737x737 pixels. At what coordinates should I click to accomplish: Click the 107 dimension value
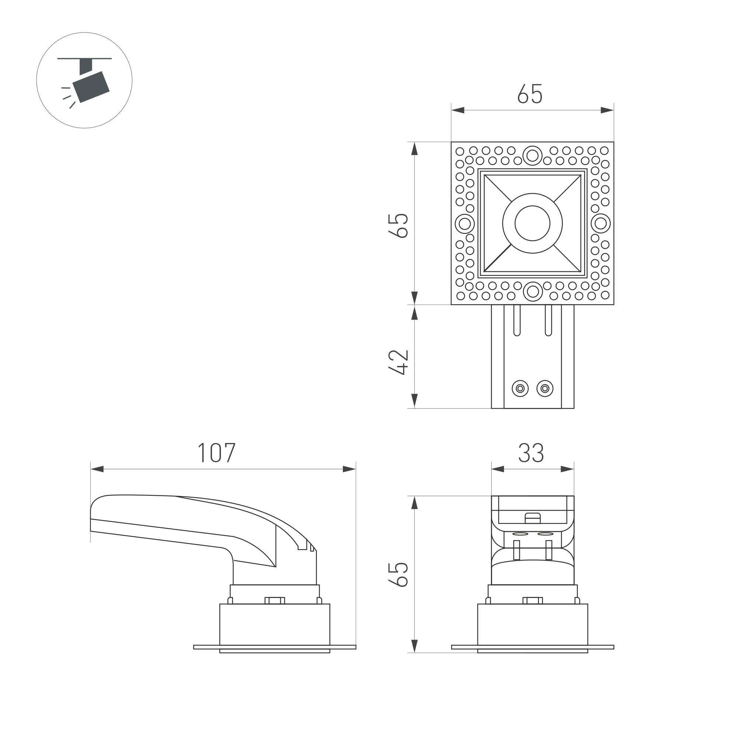coord(216,453)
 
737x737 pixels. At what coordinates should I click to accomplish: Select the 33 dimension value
coord(531,453)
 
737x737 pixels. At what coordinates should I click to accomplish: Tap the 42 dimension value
coord(398,362)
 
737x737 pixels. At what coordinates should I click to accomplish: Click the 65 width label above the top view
coord(529,93)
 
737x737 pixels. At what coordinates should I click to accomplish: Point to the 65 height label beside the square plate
coord(398,225)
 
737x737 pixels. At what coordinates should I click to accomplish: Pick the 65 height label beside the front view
coord(398,574)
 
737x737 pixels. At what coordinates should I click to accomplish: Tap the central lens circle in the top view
coord(532,223)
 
